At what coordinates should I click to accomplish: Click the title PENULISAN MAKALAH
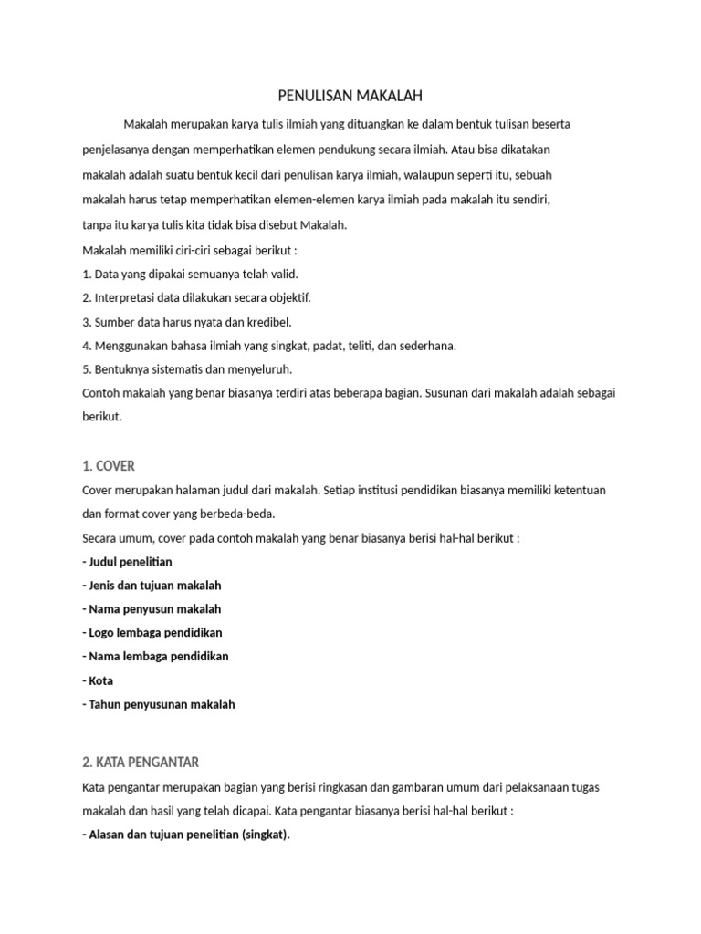(x=350, y=95)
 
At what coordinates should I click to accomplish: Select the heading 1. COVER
(x=108, y=466)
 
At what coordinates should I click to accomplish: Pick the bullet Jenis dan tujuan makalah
(x=152, y=585)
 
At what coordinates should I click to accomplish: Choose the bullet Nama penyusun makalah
(x=152, y=608)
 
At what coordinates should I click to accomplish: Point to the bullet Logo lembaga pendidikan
(x=152, y=632)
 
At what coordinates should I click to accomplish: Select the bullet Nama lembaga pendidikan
(x=155, y=656)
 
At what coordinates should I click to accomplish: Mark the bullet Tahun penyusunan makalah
(x=158, y=704)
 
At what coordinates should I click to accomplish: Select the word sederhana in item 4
(x=427, y=346)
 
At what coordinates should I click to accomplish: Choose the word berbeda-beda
(x=241, y=514)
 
